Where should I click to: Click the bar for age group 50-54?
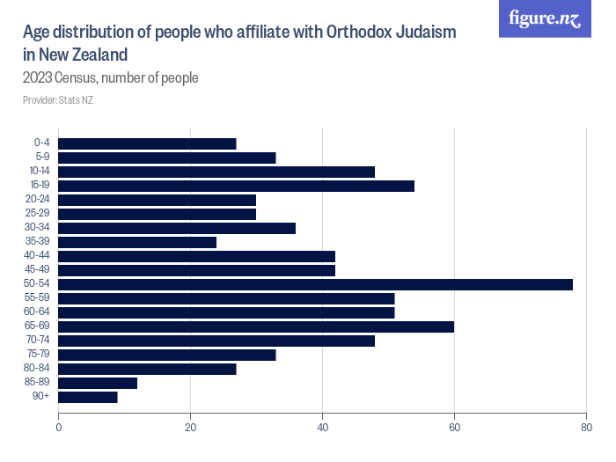[315, 284]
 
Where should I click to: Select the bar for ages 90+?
[88, 397]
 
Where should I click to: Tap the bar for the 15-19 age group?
[236, 186]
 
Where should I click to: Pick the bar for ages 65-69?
[256, 326]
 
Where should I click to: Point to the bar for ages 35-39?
[137, 242]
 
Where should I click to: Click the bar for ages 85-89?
[98, 383]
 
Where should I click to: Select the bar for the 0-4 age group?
[147, 143]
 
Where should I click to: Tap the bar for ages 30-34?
[177, 228]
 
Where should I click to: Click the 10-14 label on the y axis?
[40, 172]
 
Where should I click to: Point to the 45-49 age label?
[40, 270]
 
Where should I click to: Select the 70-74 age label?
[40, 341]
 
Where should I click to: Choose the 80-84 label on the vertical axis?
[40, 369]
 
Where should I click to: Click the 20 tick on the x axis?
[190, 428]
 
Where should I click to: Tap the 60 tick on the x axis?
[454, 428]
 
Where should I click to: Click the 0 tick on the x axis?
[59, 428]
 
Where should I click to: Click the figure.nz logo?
[545, 18]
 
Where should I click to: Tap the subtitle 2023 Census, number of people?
[110, 77]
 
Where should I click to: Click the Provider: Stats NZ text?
[57, 100]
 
